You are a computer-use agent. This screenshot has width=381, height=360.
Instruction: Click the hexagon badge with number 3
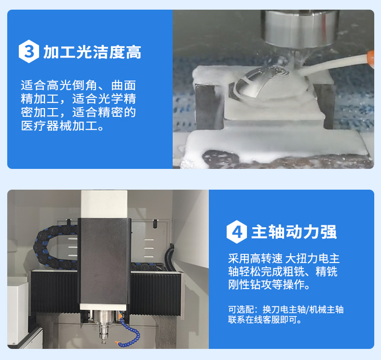coord(29,52)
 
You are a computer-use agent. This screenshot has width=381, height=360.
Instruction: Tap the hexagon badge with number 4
coord(237,232)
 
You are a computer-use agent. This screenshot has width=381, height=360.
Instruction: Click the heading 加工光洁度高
coord(92,52)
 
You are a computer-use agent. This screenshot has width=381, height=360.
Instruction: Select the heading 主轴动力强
coord(294,232)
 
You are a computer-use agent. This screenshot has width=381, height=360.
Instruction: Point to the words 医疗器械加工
coord(59,126)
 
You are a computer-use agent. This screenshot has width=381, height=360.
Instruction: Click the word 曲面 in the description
coord(123,85)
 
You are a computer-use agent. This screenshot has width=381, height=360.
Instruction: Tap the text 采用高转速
coord(255,258)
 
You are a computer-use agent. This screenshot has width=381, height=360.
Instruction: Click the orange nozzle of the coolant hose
coord(370,57)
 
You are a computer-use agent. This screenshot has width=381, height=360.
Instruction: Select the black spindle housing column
coord(104,262)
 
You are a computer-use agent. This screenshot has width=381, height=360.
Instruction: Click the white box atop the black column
coord(104,204)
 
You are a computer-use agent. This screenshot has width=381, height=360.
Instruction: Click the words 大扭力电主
coord(312,258)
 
